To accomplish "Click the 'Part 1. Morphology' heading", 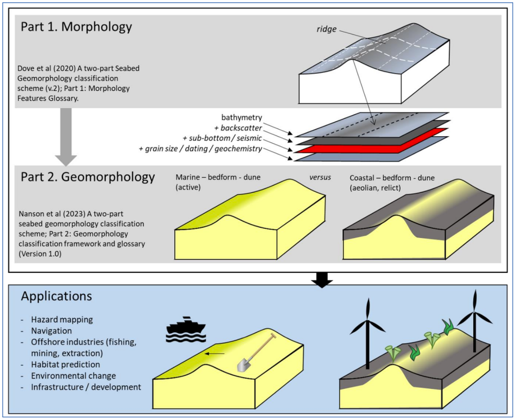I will (x=76, y=27).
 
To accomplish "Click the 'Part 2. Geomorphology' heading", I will (x=88, y=177).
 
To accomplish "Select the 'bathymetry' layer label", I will (x=241, y=117).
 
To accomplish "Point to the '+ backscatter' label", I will (x=238, y=128).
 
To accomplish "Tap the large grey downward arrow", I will (x=66, y=137).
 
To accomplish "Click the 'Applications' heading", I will (x=56, y=297).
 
